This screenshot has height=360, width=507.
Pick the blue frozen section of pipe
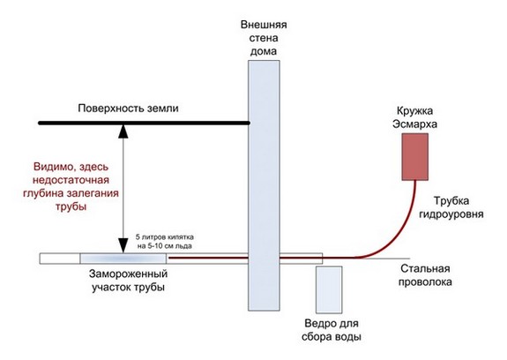pos(123,258)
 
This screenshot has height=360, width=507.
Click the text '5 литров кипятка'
pos(172,239)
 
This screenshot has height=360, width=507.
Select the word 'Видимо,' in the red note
pos(52,165)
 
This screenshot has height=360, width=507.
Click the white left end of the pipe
pos(59,258)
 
